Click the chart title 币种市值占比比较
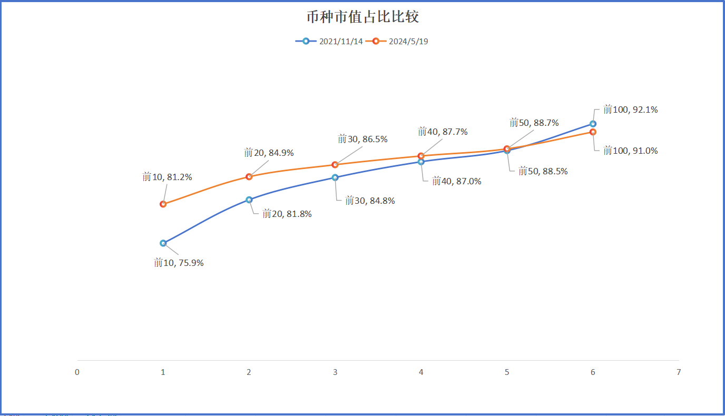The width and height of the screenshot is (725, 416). coord(362,17)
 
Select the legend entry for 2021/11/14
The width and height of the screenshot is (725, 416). coord(329,42)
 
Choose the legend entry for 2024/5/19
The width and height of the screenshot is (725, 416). coord(400,42)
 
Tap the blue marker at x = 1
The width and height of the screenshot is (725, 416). coord(163,243)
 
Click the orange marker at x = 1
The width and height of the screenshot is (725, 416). coord(163,204)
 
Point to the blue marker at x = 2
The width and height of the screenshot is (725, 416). coord(249,200)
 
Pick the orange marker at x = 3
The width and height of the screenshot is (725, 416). coord(335,165)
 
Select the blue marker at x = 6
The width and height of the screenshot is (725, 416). coord(593,124)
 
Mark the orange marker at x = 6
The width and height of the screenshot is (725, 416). coord(593,132)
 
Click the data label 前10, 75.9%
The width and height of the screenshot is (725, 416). coord(179,263)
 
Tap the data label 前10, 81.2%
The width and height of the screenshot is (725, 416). coord(167,177)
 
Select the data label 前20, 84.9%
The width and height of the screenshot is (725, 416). coord(269,153)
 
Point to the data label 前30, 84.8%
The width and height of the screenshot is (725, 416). coord(370,201)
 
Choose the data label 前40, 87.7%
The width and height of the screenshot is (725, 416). coord(443,132)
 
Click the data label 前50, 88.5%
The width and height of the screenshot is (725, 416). coord(543,171)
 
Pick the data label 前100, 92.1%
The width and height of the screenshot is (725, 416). coord(630,110)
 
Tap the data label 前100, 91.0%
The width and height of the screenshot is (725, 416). coord(630,151)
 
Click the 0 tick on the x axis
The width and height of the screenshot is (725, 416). coord(77,372)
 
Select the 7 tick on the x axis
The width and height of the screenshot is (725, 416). coord(679,372)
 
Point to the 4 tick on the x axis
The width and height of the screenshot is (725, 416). coord(421,372)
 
